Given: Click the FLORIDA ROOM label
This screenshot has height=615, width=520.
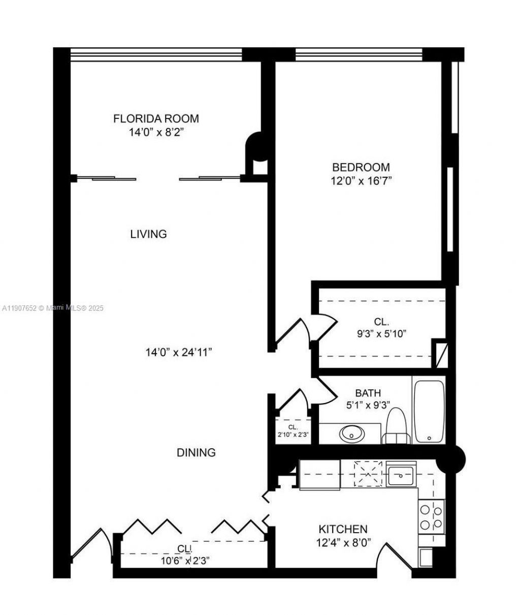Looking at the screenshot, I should (x=156, y=119).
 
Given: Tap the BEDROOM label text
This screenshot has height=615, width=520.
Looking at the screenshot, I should (x=361, y=167).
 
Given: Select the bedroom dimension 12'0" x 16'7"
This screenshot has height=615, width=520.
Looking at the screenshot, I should (x=361, y=181).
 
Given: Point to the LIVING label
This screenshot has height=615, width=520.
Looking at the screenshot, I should (x=148, y=234).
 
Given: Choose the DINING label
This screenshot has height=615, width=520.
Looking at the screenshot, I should (x=196, y=452).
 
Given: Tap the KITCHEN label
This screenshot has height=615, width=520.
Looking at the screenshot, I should (x=343, y=529).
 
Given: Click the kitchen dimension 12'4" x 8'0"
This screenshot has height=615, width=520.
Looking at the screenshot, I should (x=343, y=542).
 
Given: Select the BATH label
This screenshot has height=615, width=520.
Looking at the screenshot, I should (x=368, y=393).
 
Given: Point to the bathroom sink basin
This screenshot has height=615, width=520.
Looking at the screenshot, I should (x=351, y=434).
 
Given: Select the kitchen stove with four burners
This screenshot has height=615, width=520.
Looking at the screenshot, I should (x=431, y=515).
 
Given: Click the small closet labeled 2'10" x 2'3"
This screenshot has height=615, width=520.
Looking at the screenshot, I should (x=292, y=431).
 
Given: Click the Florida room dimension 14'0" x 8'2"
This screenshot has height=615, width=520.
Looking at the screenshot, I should (x=156, y=133).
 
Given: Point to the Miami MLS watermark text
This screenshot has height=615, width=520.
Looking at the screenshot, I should (x=53, y=308).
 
